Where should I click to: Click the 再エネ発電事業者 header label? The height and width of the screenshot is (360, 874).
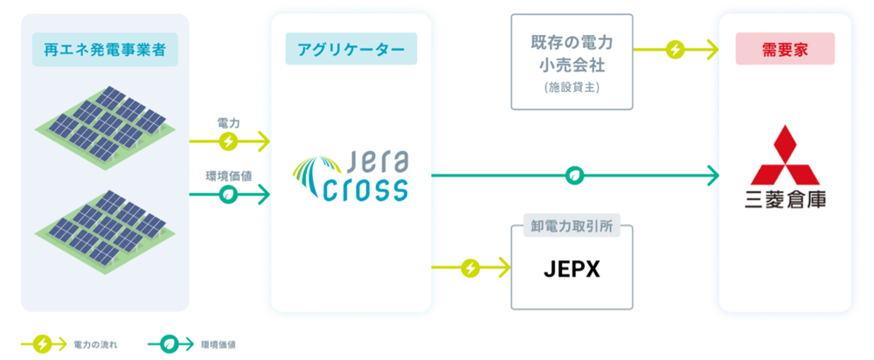105,49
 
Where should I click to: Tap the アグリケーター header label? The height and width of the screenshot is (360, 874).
350,49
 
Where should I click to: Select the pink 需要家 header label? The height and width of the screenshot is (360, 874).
784,49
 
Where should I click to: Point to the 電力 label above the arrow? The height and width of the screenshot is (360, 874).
227,123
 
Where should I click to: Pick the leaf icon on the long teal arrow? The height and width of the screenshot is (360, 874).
574,176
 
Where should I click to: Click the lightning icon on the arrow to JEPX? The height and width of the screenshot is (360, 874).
470,267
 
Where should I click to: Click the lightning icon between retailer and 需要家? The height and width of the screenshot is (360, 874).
675,49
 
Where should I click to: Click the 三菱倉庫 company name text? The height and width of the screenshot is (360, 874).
784,200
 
